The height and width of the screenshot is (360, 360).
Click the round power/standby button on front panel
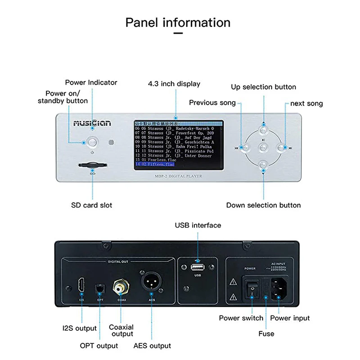point(93,142)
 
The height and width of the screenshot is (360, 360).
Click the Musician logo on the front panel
point(92,123)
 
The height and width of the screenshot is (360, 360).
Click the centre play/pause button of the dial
point(264,147)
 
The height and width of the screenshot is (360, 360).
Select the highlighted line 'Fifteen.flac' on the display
point(178,165)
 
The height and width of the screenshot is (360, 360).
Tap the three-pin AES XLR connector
point(152,284)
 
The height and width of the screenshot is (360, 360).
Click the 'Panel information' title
point(178,22)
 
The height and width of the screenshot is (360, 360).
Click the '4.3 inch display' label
point(174,84)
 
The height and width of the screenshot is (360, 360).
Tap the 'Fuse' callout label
point(266,334)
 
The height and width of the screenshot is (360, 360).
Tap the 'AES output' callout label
point(152,346)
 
